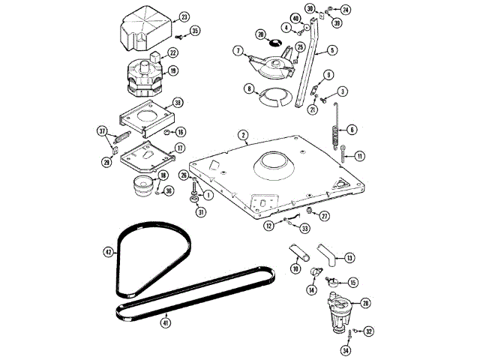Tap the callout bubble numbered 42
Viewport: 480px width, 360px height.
(x=108, y=252)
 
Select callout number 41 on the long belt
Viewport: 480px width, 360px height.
(x=166, y=322)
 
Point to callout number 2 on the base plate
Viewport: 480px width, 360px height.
(x=244, y=136)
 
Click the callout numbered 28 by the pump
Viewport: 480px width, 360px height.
(x=365, y=302)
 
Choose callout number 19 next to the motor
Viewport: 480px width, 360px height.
(x=173, y=71)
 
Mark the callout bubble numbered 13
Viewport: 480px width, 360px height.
(x=350, y=257)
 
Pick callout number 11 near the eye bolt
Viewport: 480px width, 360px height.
(x=359, y=156)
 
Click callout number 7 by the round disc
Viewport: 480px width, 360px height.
(x=238, y=51)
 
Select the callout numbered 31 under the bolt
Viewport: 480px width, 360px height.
(x=200, y=212)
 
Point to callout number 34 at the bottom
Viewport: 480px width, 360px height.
(x=346, y=350)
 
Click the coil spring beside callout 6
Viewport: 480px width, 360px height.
(x=336, y=139)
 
